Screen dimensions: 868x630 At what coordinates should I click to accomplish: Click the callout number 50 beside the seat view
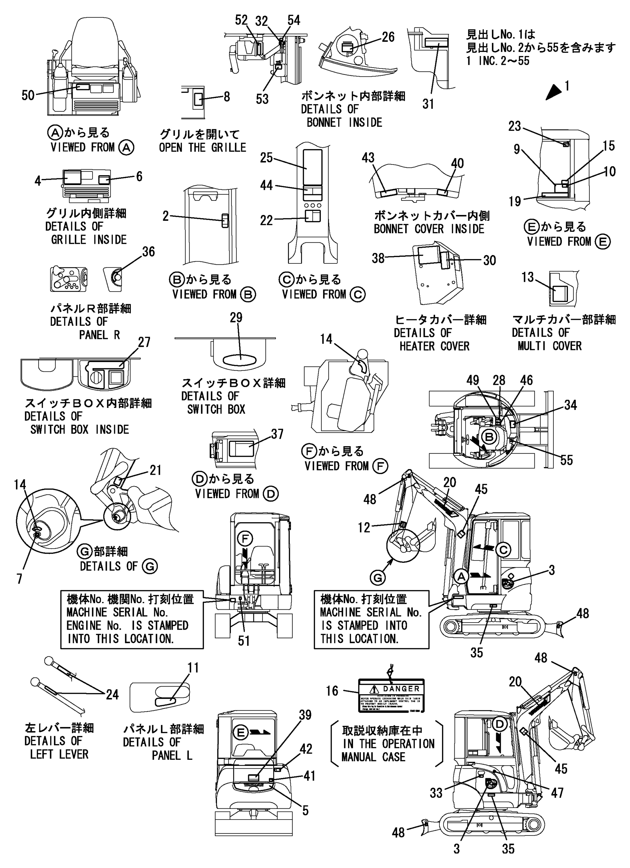28,95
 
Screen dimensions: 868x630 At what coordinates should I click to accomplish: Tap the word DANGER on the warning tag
401,689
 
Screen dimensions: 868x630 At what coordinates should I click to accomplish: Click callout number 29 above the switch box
236,318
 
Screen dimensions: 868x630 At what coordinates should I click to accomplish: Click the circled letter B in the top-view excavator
489,436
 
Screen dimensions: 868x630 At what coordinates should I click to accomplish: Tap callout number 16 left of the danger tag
332,691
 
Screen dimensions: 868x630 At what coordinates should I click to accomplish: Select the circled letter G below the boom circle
378,577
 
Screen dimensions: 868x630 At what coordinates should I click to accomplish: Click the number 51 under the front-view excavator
244,641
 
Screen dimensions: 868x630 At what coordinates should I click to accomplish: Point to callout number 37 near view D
277,434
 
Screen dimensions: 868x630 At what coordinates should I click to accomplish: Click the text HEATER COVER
434,347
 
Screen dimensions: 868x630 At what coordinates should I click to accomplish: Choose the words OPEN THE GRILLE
202,147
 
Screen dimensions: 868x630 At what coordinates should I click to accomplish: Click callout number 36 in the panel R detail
149,252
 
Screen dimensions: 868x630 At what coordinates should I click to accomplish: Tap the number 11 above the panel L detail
193,668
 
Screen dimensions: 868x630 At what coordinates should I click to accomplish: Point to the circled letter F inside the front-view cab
245,539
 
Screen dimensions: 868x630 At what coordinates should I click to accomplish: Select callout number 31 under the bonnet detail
428,103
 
